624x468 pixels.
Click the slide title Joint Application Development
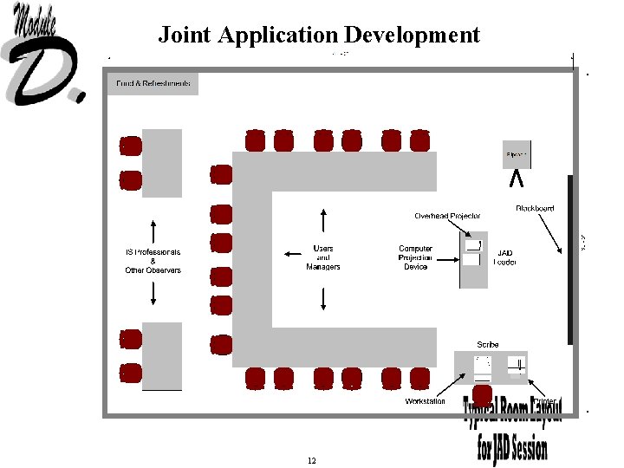click(x=318, y=35)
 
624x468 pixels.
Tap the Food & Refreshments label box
click(x=153, y=83)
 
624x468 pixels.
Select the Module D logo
click(x=45, y=54)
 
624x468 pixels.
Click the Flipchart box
click(x=517, y=155)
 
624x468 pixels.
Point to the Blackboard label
click(x=535, y=209)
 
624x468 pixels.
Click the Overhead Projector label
click(x=447, y=216)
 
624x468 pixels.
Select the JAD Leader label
click(x=504, y=257)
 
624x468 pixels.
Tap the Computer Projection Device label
click(x=415, y=257)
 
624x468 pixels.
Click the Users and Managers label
click(x=323, y=257)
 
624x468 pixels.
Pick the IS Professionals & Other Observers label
click(x=153, y=261)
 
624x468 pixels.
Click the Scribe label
click(x=488, y=344)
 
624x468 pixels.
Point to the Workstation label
click(x=426, y=401)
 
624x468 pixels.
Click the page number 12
click(x=311, y=460)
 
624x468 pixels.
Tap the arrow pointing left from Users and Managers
click(x=291, y=254)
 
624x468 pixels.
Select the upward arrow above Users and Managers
click(x=323, y=220)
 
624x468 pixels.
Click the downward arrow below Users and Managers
click(x=323, y=298)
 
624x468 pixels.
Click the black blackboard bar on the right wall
click(x=569, y=260)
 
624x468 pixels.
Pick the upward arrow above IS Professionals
click(x=153, y=231)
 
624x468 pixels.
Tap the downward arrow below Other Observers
click(x=153, y=292)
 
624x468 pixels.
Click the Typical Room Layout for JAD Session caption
click(x=513, y=429)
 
